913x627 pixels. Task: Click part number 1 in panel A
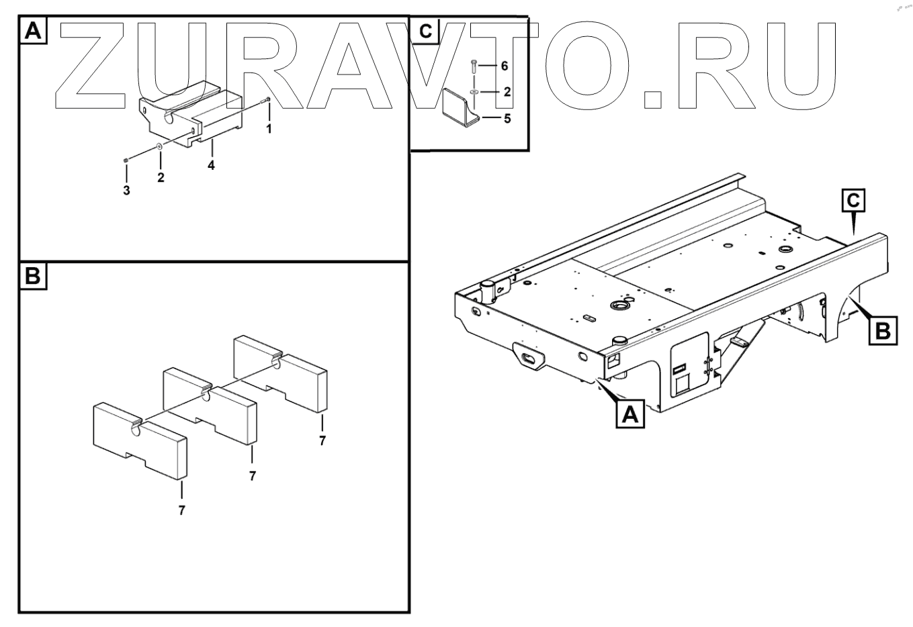click(269, 129)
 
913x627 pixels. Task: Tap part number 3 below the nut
click(127, 190)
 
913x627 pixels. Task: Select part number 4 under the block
click(211, 165)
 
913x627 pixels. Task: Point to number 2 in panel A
click(161, 178)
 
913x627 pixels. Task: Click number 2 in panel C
click(507, 92)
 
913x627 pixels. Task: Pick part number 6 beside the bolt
click(505, 66)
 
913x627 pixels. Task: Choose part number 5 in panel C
click(507, 119)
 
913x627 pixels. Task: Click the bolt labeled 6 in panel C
click(473, 66)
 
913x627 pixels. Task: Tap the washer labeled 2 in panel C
click(474, 93)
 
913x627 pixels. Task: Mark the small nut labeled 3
click(126, 160)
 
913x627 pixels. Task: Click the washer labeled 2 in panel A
click(160, 146)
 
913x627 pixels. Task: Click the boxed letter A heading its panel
click(34, 30)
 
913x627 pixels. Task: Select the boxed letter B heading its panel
click(34, 276)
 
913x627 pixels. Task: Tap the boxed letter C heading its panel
click(425, 31)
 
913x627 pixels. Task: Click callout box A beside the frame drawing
click(630, 414)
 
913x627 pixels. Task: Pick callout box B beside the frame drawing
click(883, 330)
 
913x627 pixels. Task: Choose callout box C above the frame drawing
click(853, 201)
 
